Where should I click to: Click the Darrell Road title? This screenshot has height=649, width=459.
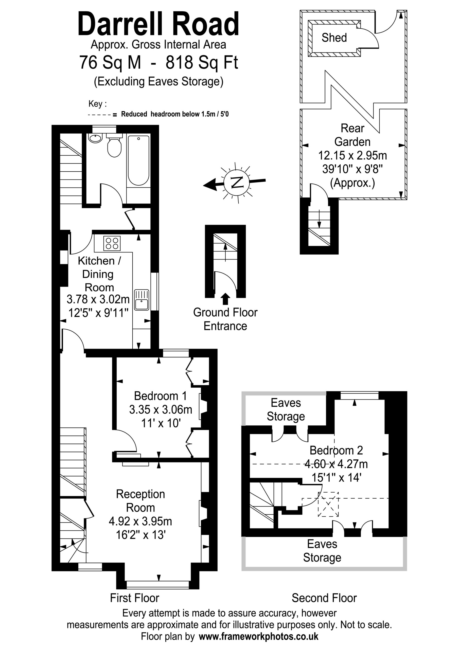(x=158, y=24)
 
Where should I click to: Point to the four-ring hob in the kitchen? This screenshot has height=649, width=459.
(x=112, y=243)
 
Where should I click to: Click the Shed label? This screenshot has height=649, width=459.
(x=334, y=38)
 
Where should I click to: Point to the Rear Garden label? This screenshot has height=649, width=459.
(x=352, y=135)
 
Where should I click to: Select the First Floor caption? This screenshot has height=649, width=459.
(x=135, y=598)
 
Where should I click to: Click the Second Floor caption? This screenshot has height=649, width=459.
(x=324, y=598)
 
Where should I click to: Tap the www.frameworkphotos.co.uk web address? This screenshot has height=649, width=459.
(x=258, y=637)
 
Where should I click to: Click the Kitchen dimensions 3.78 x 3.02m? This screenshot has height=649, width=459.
(x=98, y=299)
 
